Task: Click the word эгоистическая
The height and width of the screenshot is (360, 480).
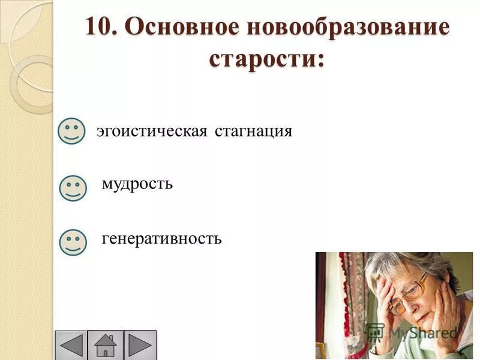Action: pyautogui.click(x=152, y=131)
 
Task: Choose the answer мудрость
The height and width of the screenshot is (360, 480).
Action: pyautogui.click(x=137, y=184)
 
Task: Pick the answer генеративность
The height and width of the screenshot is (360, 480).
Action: pyautogui.click(x=162, y=239)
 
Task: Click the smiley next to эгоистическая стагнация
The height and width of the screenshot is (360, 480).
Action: pyautogui.click(x=71, y=130)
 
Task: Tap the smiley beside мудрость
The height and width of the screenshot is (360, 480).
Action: pyautogui.click(x=73, y=188)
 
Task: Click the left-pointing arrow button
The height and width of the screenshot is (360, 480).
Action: pyautogui.click(x=72, y=346)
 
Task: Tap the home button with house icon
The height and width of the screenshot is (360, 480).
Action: pyautogui.click(x=106, y=346)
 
